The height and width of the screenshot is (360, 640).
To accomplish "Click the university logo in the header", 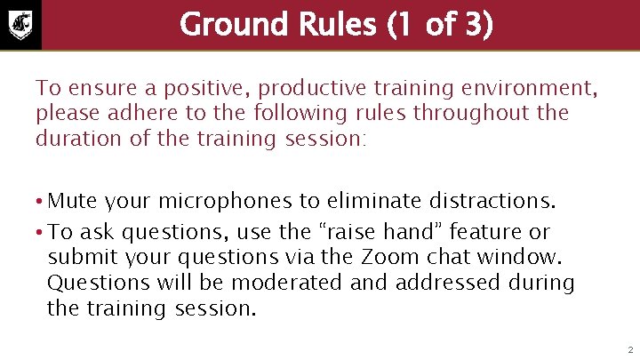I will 20,24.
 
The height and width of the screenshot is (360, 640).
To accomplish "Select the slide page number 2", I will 628,348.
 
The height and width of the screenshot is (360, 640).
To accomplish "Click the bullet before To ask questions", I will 40,232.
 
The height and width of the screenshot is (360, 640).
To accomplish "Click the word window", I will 530,257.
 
